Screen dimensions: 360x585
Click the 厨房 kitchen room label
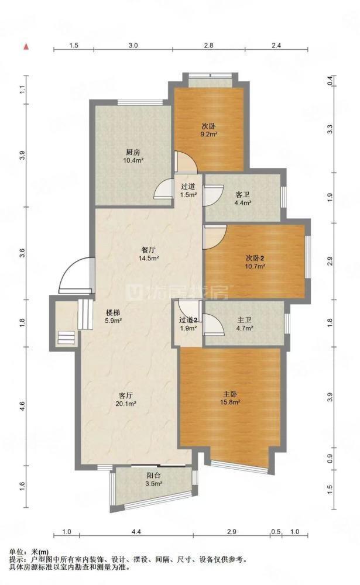tap(133, 152)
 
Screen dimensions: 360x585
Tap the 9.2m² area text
tap(209, 134)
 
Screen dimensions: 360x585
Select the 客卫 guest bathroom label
tap(242, 195)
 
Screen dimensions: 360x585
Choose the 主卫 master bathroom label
tap(245, 320)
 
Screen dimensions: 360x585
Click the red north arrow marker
tap(26, 47)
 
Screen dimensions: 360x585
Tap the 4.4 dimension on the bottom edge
tap(136, 532)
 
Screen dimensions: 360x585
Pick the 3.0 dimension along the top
tap(133, 46)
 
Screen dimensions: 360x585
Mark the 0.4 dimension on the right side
tap(330, 81)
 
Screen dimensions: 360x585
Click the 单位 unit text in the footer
tap(15, 552)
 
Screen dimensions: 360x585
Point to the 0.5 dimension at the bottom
tap(276, 532)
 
